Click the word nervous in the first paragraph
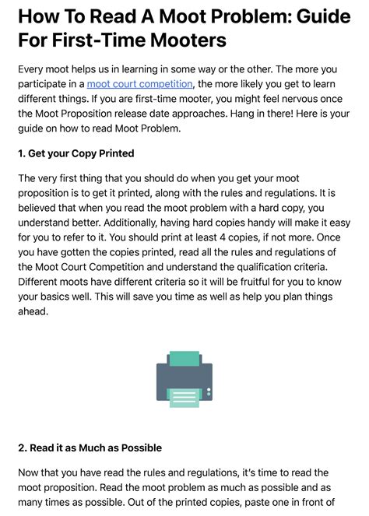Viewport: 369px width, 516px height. click(x=285, y=98)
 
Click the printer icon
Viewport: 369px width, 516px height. click(x=184, y=379)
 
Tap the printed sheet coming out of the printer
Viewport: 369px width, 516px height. click(x=184, y=398)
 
